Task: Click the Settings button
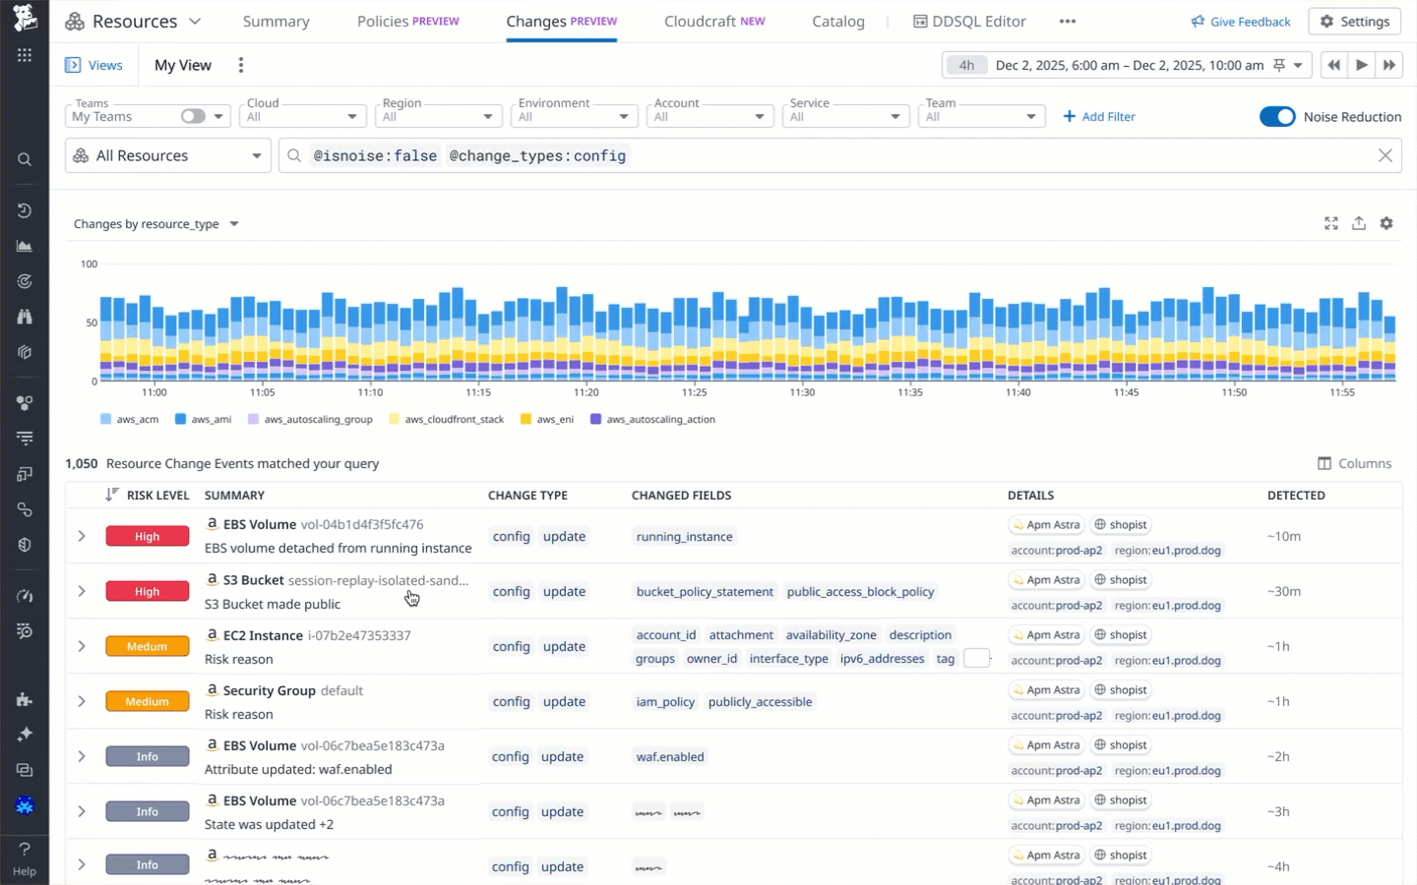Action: (1355, 21)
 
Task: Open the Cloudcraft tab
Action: (713, 21)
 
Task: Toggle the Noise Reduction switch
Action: (1277, 116)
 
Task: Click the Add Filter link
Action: (1099, 116)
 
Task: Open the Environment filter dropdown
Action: (574, 116)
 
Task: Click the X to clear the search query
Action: (1385, 155)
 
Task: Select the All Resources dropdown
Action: (168, 155)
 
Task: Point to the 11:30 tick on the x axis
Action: (802, 392)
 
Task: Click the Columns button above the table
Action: (1355, 463)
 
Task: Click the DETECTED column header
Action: (1295, 495)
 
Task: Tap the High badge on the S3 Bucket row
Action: (148, 591)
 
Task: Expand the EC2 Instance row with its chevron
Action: (82, 646)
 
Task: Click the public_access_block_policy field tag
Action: (860, 591)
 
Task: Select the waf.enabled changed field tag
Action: (670, 756)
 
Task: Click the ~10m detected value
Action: (1283, 536)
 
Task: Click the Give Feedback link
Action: (1241, 21)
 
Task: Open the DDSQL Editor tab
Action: (969, 21)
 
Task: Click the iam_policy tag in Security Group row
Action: (665, 701)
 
